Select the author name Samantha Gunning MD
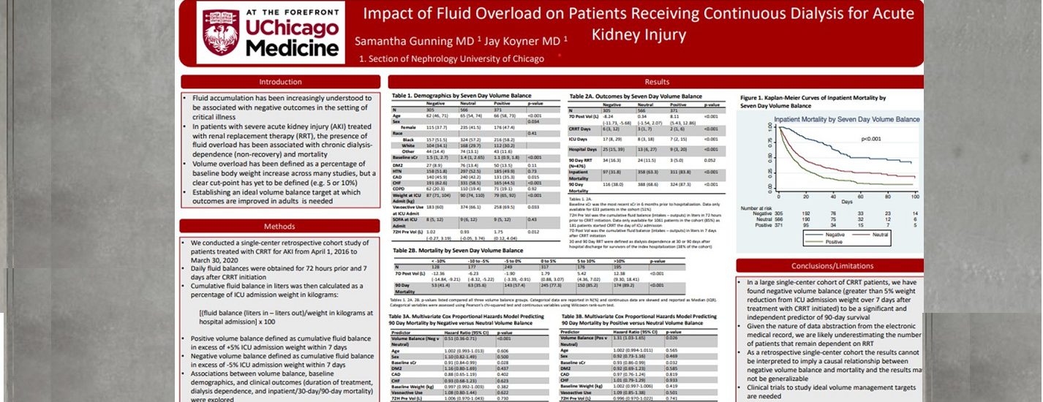pyautogui.click(x=414, y=41)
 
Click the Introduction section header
pyautogui.click(x=280, y=82)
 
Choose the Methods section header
pyautogui.click(x=279, y=227)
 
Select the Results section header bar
pyautogui.click(x=656, y=82)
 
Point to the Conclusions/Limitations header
pyautogui.click(x=829, y=266)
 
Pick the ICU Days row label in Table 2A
pyautogui.click(x=579, y=138)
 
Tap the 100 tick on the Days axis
pyautogui.click(x=915, y=197)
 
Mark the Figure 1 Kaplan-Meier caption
pyautogui.click(x=813, y=101)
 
